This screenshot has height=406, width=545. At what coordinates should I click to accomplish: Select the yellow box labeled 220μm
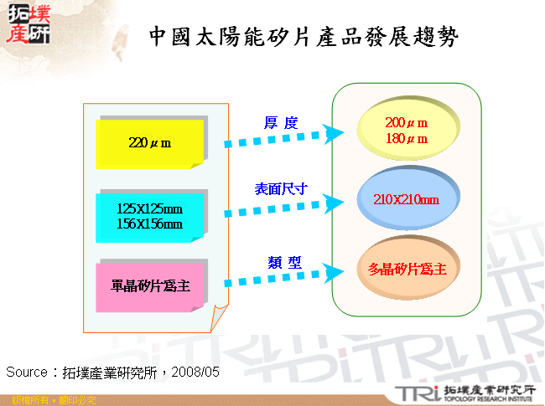click(x=149, y=143)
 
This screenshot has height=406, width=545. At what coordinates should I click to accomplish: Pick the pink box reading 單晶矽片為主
click(x=150, y=286)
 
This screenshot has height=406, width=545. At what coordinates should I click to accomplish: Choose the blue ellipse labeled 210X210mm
click(x=407, y=199)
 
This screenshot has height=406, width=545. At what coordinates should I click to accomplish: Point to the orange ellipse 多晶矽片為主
click(x=407, y=269)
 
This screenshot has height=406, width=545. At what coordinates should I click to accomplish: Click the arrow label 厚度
click(x=281, y=123)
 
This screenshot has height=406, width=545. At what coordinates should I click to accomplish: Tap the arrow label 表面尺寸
click(x=282, y=190)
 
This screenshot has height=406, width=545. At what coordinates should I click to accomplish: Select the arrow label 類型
click(x=282, y=260)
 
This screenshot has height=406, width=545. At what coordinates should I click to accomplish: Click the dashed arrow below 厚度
click(x=284, y=139)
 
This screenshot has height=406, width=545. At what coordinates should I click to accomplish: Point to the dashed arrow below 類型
click(x=284, y=277)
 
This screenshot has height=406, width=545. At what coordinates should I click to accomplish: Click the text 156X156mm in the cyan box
click(x=149, y=224)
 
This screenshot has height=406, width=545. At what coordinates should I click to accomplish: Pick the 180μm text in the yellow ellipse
click(x=407, y=139)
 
